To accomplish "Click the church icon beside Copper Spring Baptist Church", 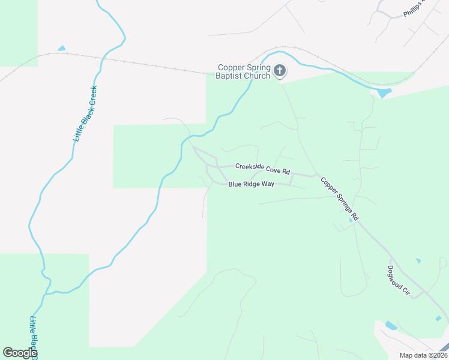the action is tap(279, 71).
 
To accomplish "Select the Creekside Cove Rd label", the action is tap(262, 168).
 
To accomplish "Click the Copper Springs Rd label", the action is tap(339, 197).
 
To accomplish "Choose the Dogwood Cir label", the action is tap(399, 280).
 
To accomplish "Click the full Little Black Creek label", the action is tap(85, 113).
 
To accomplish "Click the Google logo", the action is tap(20, 353).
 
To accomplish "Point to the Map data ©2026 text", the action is tap(423, 355).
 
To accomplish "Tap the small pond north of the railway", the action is tap(61, 48).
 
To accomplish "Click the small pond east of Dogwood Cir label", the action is tap(418, 261).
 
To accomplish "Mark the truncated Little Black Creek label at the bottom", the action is tap(34, 336).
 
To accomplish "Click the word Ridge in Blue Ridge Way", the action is tap(252, 184).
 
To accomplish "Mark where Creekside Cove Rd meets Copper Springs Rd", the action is tap(316, 175).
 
